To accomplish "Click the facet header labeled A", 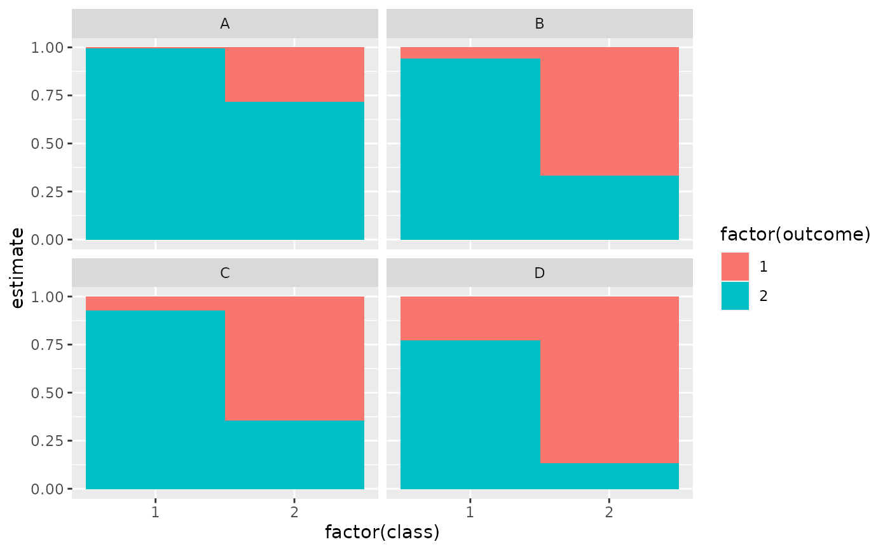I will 224,24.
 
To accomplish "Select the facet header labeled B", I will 539,24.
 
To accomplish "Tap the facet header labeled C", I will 224,274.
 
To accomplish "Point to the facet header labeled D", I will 539,274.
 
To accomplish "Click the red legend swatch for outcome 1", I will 735,267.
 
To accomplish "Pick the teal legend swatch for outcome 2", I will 735,296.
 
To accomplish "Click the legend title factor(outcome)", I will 795,234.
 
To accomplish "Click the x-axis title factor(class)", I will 382,532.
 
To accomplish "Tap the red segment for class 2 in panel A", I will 294,74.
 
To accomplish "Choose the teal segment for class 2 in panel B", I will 609,207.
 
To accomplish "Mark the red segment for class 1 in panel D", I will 470,318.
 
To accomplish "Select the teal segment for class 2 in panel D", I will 609,476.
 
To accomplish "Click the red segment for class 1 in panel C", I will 155,303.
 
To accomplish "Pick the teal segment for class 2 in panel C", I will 294,455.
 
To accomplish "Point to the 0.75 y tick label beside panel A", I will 48,95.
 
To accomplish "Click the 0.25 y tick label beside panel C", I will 48,441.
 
